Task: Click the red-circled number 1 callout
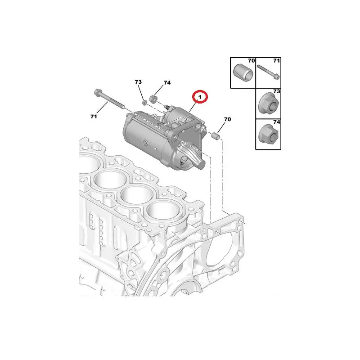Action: click(200, 97)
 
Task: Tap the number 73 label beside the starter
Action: click(138, 82)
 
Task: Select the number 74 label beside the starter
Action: click(167, 83)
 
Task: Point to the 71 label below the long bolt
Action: click(94, 117)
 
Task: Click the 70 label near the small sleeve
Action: click(227, 119)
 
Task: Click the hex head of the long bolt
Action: click(97, 93)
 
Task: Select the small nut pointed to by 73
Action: click(144, 103)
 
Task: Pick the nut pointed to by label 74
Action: click(153, 99)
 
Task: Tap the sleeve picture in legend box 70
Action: click(243, 72)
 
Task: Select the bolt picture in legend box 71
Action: click(268, 72)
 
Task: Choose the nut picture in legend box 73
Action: click(269, 103)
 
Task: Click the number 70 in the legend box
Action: click(252, 61)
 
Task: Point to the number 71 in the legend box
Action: click(276, 61)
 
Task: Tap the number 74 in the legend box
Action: click(276, 122)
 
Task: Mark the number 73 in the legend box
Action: click(276, 91)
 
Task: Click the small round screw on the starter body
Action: click(145, 143)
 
